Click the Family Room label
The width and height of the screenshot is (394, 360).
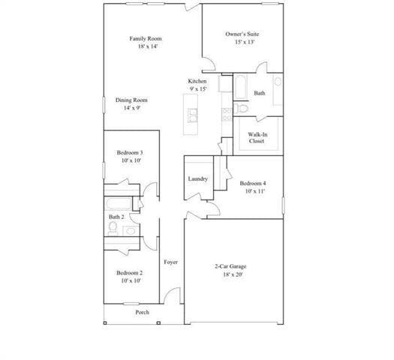coord(146,39)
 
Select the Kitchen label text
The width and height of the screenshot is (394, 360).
coord(197,81)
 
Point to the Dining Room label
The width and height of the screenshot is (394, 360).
coord(131,100)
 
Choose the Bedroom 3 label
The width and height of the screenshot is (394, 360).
coord(131,152)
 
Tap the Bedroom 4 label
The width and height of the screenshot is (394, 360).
coord(253,184)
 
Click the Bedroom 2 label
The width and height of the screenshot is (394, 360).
coord(131,273)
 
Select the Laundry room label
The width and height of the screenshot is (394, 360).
coord(198,178)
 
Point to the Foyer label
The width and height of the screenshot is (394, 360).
coord(171,262)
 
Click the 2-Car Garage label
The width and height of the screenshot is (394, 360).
coord(231,267)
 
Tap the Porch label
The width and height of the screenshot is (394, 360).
coord(142,312)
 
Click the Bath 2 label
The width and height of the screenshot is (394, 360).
coord(116,217)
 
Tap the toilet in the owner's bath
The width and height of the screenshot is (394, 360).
coord(242,109)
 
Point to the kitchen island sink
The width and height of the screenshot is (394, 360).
coord(193,115)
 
